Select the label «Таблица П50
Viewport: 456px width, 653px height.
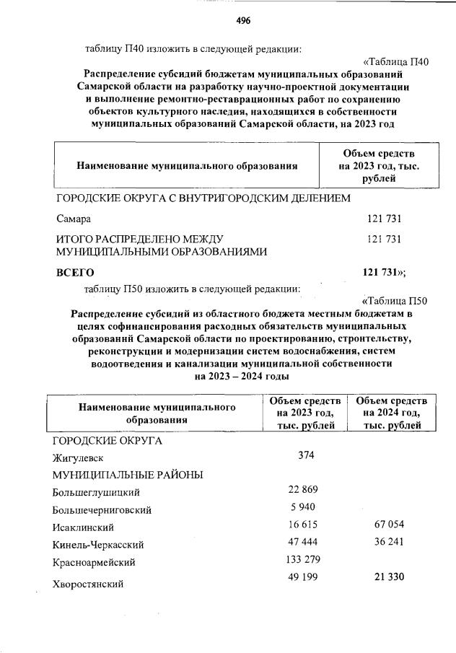click(x=393, y=301)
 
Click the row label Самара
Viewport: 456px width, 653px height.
click(x=74, y=217)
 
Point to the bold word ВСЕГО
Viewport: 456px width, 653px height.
click(x=75, y=272)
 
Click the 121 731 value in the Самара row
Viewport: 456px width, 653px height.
click(x=384, y=217)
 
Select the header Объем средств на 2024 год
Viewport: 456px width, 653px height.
click(x=392, y=413)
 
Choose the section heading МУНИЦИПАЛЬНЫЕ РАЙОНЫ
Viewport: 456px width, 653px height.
click(x=127, y=475)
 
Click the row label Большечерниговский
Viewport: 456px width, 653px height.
click(x=102, y=510)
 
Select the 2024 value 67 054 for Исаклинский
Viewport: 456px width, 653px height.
click(x=390, y=525)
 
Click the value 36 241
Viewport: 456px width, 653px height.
click(x=390, y=542)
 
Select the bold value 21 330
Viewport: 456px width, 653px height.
click(x=390, y=577)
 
